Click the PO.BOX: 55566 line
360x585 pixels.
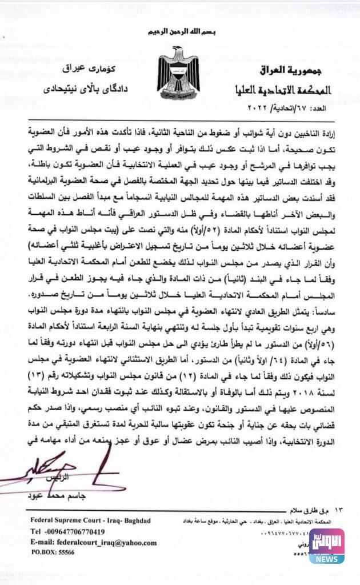(54, 554)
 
